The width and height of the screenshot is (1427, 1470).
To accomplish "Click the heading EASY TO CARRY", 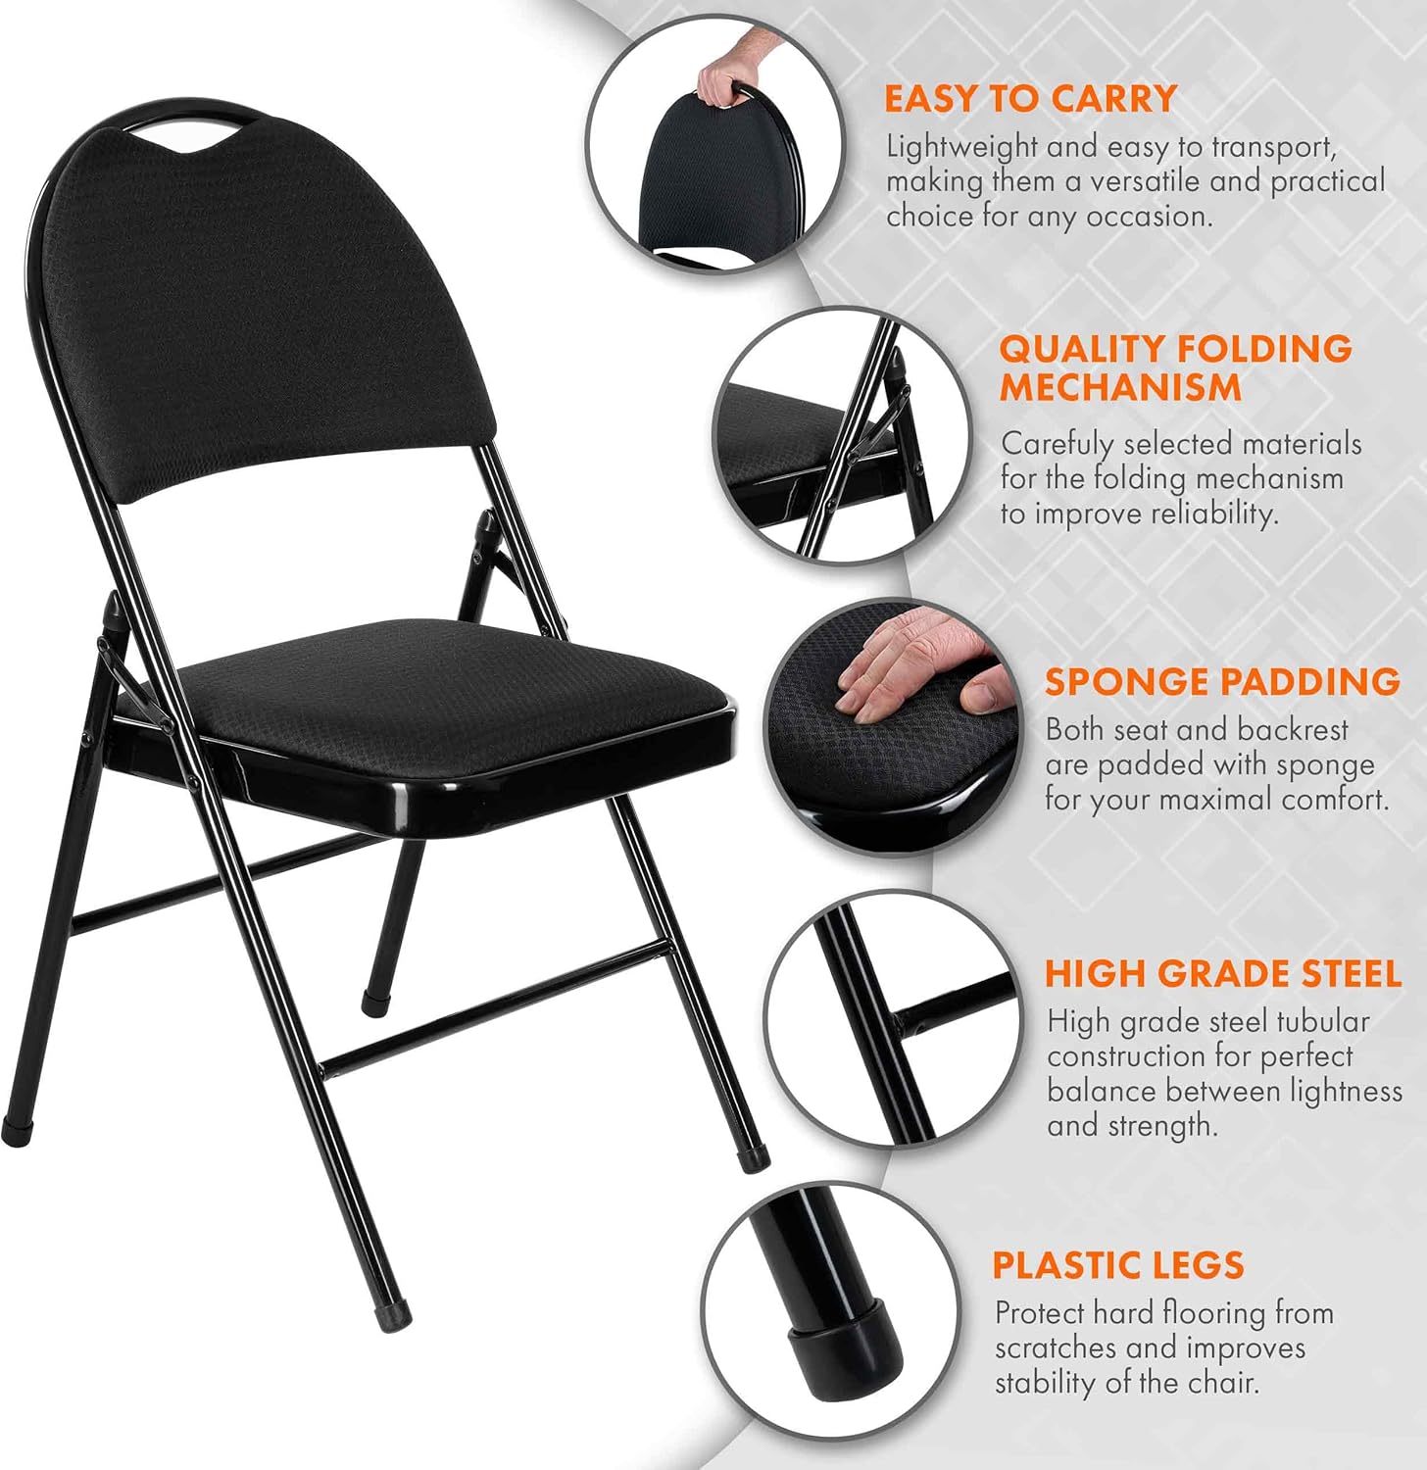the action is coord(1029,99).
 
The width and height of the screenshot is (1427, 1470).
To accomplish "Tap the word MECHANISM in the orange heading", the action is coord(1120,387).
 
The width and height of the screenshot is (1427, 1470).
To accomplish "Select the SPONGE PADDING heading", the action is coord(1222,681).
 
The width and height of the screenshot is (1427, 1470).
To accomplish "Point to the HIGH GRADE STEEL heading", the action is coord(1223,973).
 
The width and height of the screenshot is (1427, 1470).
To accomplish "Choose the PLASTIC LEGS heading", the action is coord(1118,1265).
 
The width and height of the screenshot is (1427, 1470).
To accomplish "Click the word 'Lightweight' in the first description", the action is coord(961,148).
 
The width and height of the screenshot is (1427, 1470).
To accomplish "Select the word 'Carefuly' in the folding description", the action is coord(1058,445).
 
